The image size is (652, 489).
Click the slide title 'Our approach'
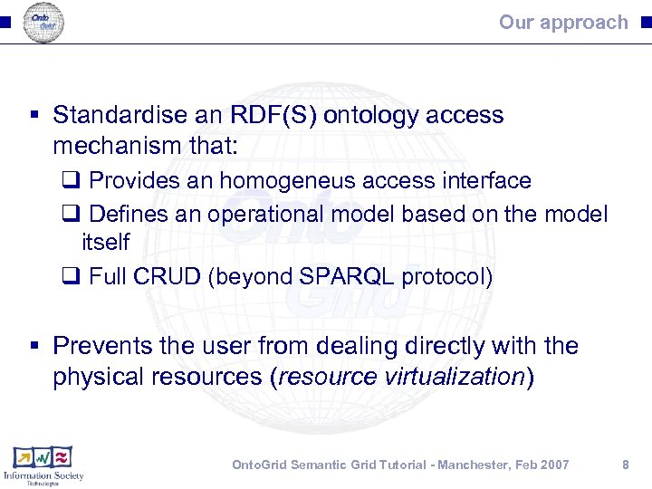[562, 23]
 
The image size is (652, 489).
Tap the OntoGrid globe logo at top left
[43, 23]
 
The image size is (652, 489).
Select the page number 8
[625, 465]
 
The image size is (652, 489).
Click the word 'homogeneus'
[286, 181]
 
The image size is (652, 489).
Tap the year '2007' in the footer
[554, 465]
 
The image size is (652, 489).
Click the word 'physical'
[91, 377]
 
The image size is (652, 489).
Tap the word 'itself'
[105, 243]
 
